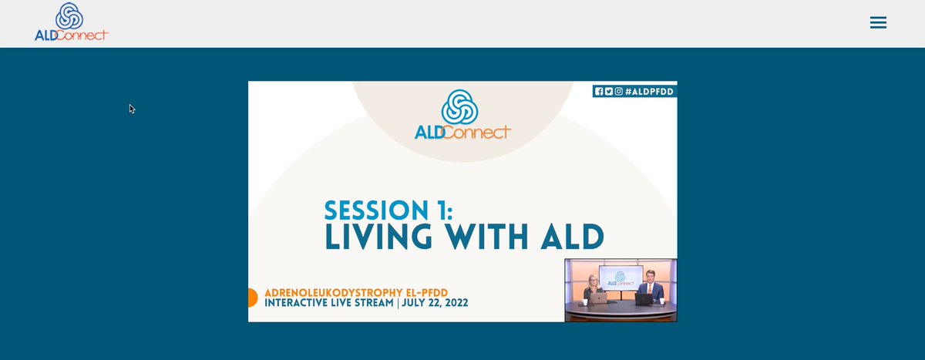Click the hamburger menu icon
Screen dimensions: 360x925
point(878,23)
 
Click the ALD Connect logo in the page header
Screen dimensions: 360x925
point(71,22)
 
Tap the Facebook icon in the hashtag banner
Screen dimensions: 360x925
point(599,91)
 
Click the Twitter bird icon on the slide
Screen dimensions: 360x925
point(609,91)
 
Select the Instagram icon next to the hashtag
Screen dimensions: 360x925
point(618,91)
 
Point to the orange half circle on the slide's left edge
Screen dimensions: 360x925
point(252,298)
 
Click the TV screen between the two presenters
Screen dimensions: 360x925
point(621,278)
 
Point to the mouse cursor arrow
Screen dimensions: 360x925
point(132,109)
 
